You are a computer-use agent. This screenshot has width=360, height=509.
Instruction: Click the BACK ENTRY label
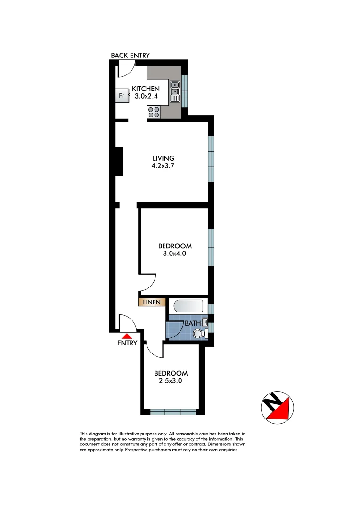[130, 56]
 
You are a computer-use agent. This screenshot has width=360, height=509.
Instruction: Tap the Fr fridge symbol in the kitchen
[122, 96]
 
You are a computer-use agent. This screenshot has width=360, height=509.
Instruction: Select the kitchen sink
[175, 92]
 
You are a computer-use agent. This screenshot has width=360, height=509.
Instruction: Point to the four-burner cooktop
[154, 112]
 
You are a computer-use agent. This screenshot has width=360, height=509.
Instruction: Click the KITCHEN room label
[146, 89]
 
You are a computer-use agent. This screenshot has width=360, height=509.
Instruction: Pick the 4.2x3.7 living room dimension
[164, 166]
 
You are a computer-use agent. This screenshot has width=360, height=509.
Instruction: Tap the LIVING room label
[164, 158]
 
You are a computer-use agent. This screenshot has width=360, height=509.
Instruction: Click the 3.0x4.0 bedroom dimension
[175, 254]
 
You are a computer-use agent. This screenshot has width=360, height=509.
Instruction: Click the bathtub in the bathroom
[188, 307]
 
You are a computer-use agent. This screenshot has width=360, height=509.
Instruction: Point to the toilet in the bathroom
[200, 334]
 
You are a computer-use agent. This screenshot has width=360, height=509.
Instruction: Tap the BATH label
[192, 324]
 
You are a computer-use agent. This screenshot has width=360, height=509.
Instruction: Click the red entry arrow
[127, 336]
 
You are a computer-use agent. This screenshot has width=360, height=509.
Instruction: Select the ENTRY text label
[127, 343]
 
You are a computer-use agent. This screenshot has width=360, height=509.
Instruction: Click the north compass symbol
[277, 405]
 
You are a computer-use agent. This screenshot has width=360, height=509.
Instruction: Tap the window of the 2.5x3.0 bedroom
[173, 412]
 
